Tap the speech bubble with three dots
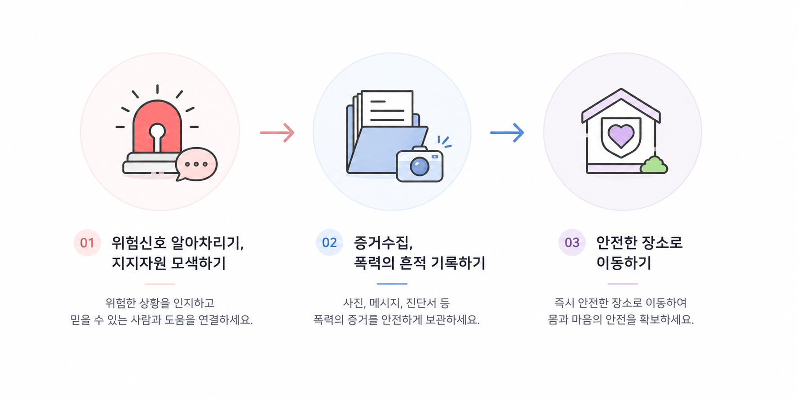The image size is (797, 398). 196,164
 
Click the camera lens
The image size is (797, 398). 420,166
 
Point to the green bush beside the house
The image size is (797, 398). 654,165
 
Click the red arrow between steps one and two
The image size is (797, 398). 277,132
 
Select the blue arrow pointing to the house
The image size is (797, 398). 507,132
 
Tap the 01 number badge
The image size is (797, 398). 87,243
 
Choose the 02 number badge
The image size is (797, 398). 329,243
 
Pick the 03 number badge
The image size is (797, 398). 572,243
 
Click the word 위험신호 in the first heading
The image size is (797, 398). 138,243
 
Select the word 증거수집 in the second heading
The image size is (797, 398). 381,243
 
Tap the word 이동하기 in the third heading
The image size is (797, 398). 624,262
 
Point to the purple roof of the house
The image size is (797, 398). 621,105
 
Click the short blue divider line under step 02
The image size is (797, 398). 392,284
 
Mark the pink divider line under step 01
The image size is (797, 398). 160,284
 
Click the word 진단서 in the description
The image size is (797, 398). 421,303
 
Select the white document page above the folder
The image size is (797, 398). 387,108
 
